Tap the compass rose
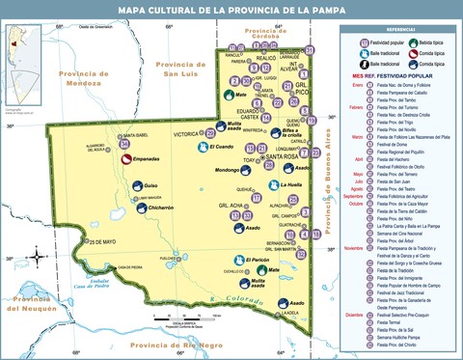(x=37, y=256)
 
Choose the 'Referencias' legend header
(x=400, y=30)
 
